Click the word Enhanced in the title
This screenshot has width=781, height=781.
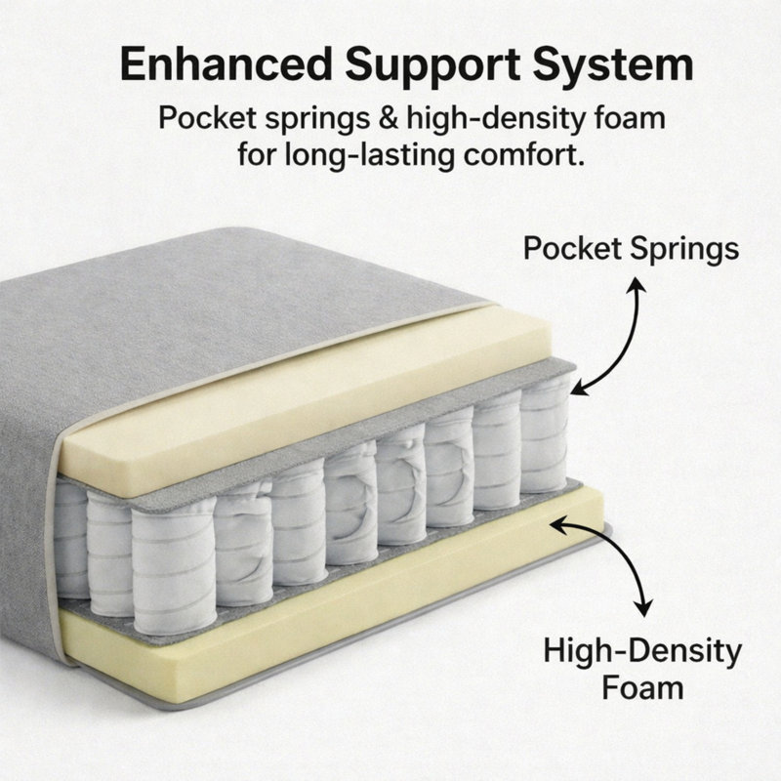(226, 64)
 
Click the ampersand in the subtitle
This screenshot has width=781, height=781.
(388, 118)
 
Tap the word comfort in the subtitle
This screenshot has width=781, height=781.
(523, 154)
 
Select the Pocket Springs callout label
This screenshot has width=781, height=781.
(631, 249)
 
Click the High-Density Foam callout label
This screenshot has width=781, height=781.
(642, 669)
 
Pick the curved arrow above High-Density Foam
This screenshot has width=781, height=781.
(623, 557)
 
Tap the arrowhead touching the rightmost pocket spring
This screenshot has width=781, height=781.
(579, 386)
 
